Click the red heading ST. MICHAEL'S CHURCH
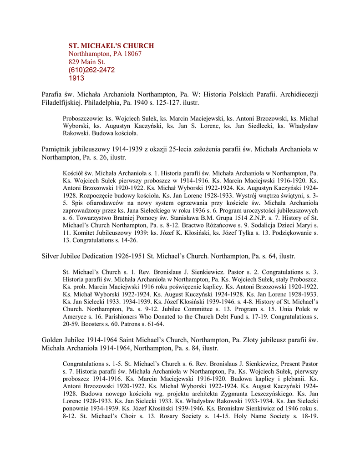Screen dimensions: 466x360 click(111, 46)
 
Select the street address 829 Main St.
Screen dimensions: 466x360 click(86, 62)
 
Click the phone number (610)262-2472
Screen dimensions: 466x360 click(91, 70)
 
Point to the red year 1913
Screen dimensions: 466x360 click(76, 78)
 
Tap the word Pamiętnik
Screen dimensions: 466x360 click(56, 149)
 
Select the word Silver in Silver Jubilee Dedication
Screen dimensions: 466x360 click(51, 257)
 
